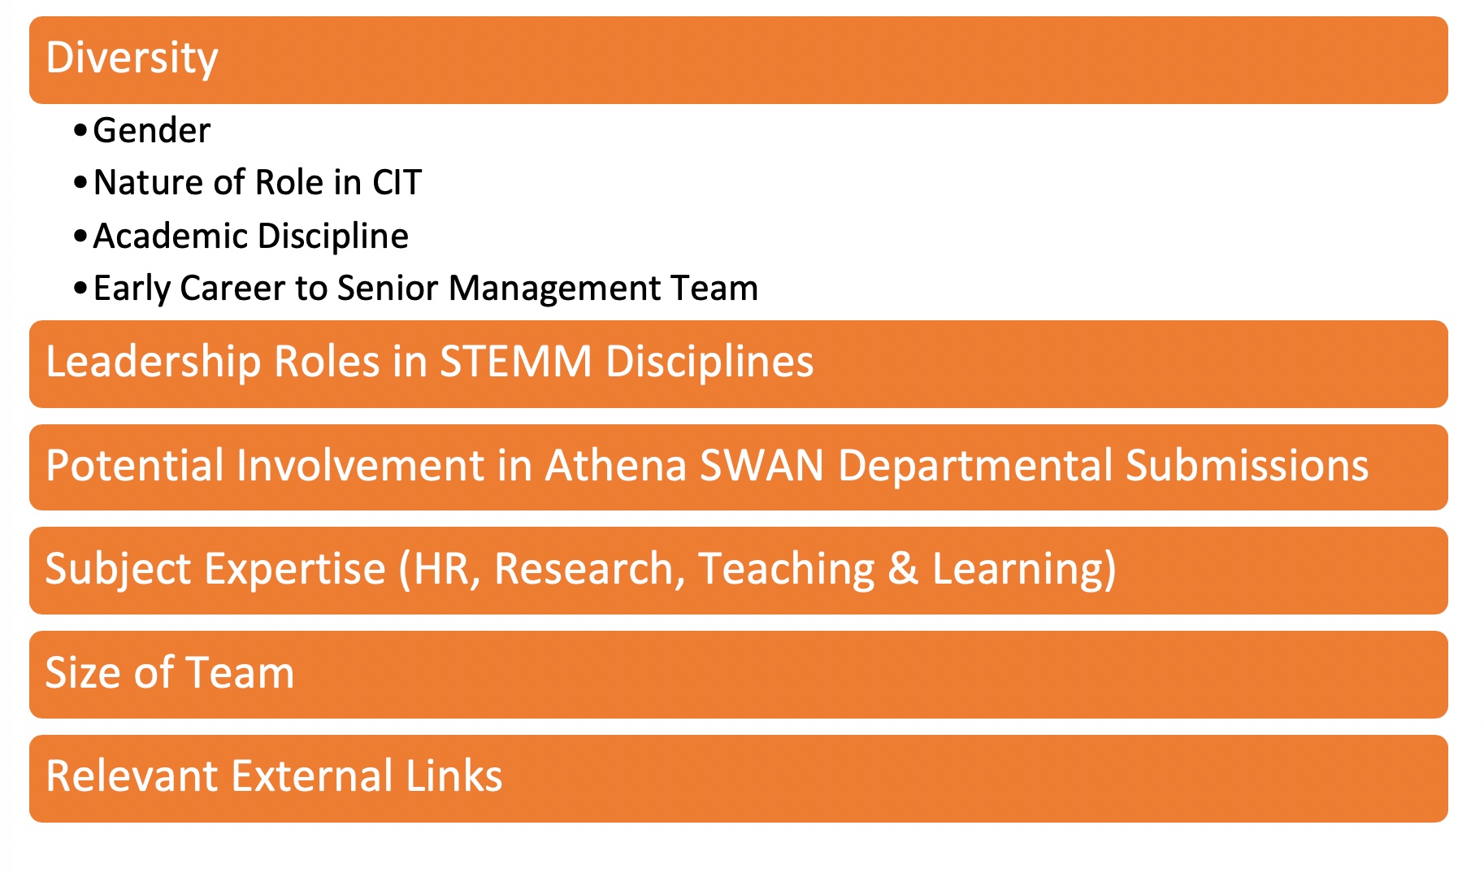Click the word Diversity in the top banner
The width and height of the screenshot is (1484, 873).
(x=132, y=59)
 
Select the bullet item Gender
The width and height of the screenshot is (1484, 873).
(x=152, y=130)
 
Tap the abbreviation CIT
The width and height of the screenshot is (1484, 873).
(x=397, y=182)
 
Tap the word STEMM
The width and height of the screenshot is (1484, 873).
(x=515, y=361)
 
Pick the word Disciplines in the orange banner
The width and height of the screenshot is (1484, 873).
(x=709, y=361)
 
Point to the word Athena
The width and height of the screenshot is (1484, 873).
(x=615, y=465)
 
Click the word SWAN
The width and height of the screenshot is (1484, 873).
(x=762, y=465)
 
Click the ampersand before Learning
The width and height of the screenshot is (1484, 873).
(x=903, y=568)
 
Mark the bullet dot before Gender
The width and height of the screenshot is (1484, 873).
(x=80, y=130)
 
